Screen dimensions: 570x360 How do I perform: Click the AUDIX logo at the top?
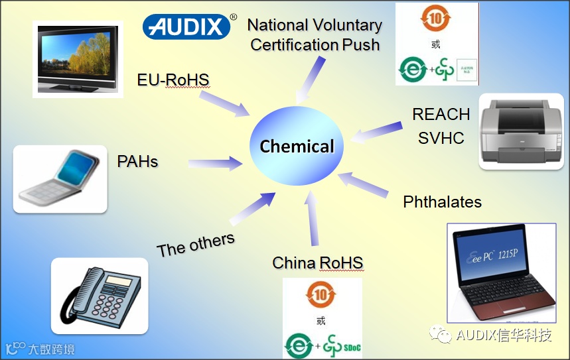pos(186,26)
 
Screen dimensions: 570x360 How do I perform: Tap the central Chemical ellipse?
pos(297,146)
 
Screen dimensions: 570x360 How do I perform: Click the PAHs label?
pos(137,161)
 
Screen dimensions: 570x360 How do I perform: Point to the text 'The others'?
pos(196,245)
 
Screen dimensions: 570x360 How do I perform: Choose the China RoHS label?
pos(318,263)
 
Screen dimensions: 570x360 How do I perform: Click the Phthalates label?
pos(442,202)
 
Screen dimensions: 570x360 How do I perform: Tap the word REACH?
pos(441,114)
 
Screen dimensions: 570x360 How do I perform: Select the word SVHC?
pos(441,138)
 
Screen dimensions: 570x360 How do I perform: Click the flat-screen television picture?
pos(78,59)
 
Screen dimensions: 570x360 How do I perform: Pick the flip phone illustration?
pos(60,179)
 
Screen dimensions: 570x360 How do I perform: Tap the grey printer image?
pos(521,131)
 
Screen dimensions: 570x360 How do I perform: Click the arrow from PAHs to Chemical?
pos(214,162)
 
